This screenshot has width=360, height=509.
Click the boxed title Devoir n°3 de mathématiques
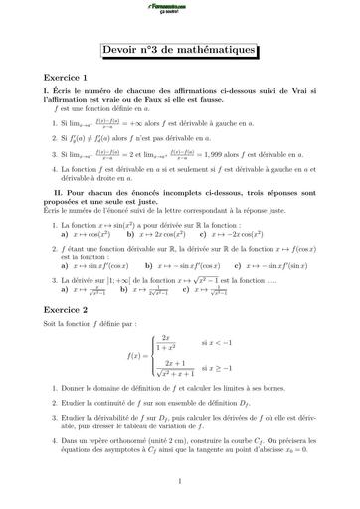pyautogui.click(x=179, y=51)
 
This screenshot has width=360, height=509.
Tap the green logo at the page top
pyautogui.click(x=179, y=8)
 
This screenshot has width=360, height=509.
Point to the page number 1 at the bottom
pyautogui.click(x=179, y=481)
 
